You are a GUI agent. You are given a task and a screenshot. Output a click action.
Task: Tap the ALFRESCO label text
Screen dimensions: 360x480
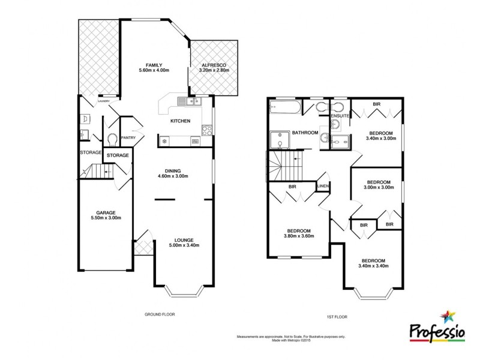coord(214,65)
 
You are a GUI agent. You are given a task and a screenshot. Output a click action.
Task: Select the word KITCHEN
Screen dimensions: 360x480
coord(180,121)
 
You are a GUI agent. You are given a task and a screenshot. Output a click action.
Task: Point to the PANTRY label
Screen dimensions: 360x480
coord(128,138)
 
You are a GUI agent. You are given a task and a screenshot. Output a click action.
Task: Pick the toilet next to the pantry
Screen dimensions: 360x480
coord(112,140)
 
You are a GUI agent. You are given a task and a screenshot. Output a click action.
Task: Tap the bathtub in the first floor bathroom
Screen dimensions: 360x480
coord(284,109)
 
